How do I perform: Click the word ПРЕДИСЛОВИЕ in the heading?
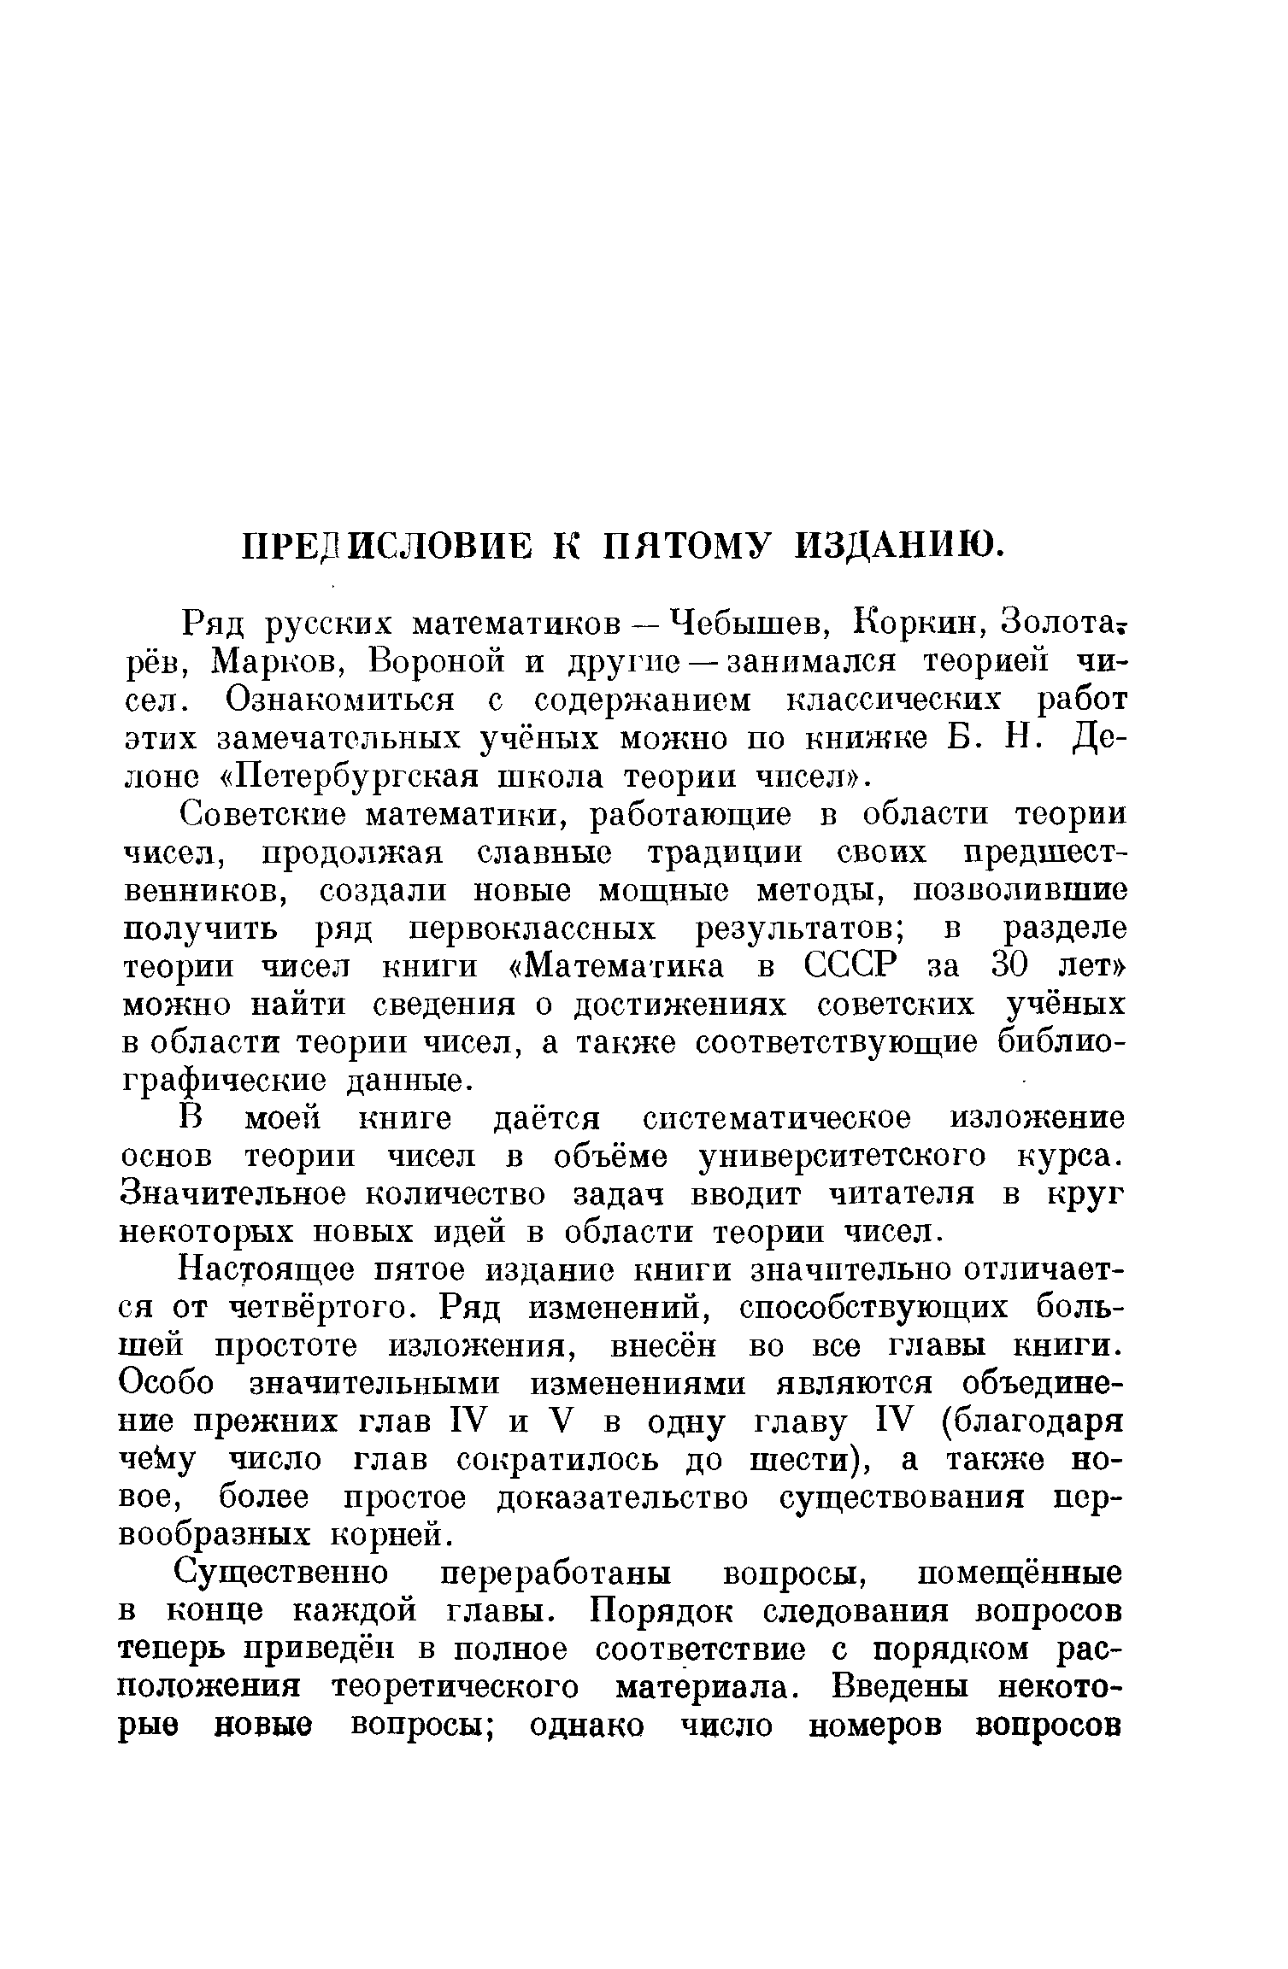click(385, 545)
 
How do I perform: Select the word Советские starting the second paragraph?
click(264, 815)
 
